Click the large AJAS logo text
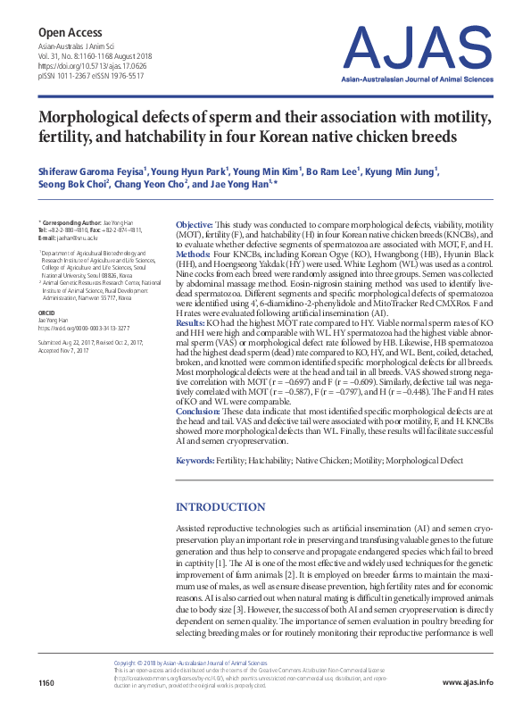click(x=419, y=47)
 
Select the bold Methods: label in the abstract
click(x=195, y=253)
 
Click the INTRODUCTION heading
click(x=222, y=506)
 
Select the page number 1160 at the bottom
click(x=46, y=683)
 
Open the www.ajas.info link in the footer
click(x=467, y=683)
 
